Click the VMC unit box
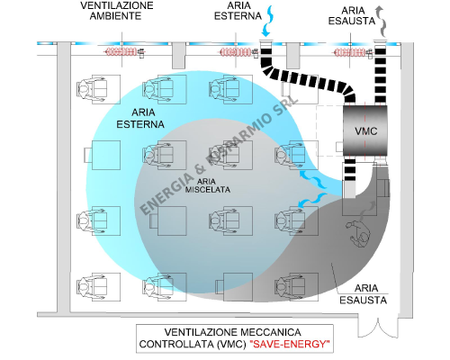(365, 130)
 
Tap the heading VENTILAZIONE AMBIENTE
(117, 11)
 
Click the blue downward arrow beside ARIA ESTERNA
(267, 21)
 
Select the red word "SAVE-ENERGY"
(290, 344)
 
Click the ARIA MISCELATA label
(208, 185)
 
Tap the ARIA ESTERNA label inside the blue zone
(140, 118)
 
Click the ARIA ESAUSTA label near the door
(364, 294)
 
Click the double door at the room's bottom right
(378, 326)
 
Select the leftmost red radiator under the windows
(121, 52)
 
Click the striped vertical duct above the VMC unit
(381, 75)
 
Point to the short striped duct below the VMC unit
(349, 169)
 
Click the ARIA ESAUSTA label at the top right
(352, 15)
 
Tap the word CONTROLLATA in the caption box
(176, 344)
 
